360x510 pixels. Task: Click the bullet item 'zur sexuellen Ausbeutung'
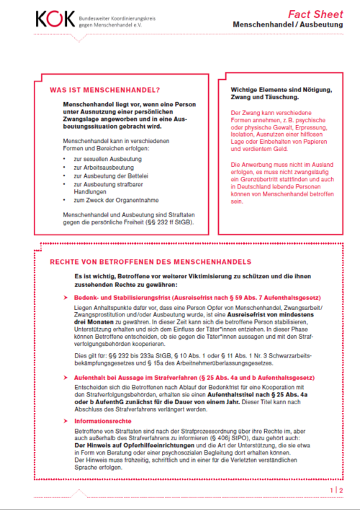pos(107,158)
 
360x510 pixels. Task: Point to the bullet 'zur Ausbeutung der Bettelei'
pos(110,176)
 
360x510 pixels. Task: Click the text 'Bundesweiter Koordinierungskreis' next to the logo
pos(104,14)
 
